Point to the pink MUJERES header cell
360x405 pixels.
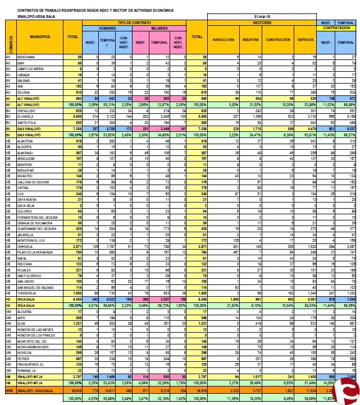pos(160,27)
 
